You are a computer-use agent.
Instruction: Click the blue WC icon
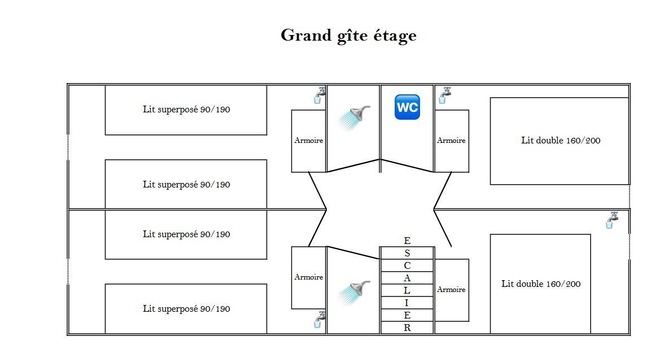coord(407,107)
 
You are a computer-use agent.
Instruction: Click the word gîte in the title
coord(352,36)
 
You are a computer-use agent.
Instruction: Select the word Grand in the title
coord(306,34)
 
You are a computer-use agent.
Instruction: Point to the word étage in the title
coord(395,36)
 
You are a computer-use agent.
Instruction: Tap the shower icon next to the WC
coord(355,117)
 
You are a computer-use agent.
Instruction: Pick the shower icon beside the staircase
coord(355,293)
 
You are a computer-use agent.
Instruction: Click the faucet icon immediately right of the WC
coord(444,95)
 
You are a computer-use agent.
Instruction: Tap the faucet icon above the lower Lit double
coord(611,220)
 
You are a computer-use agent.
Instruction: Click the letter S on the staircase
coord(407,253)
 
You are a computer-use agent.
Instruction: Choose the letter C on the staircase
coord(407,265)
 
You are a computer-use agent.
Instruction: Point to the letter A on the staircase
coord(407,278)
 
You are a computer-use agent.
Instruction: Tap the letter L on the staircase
coord(407,290)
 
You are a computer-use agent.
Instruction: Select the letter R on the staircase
coord(407,328)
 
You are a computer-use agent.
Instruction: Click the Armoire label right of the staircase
coord(451,290)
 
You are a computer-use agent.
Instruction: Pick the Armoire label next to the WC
coord(451,141)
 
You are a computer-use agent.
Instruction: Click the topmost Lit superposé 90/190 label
coord(186,110)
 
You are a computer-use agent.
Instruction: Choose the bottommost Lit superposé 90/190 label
coord(186,309)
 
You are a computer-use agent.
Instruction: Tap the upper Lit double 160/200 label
coord(561,141)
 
